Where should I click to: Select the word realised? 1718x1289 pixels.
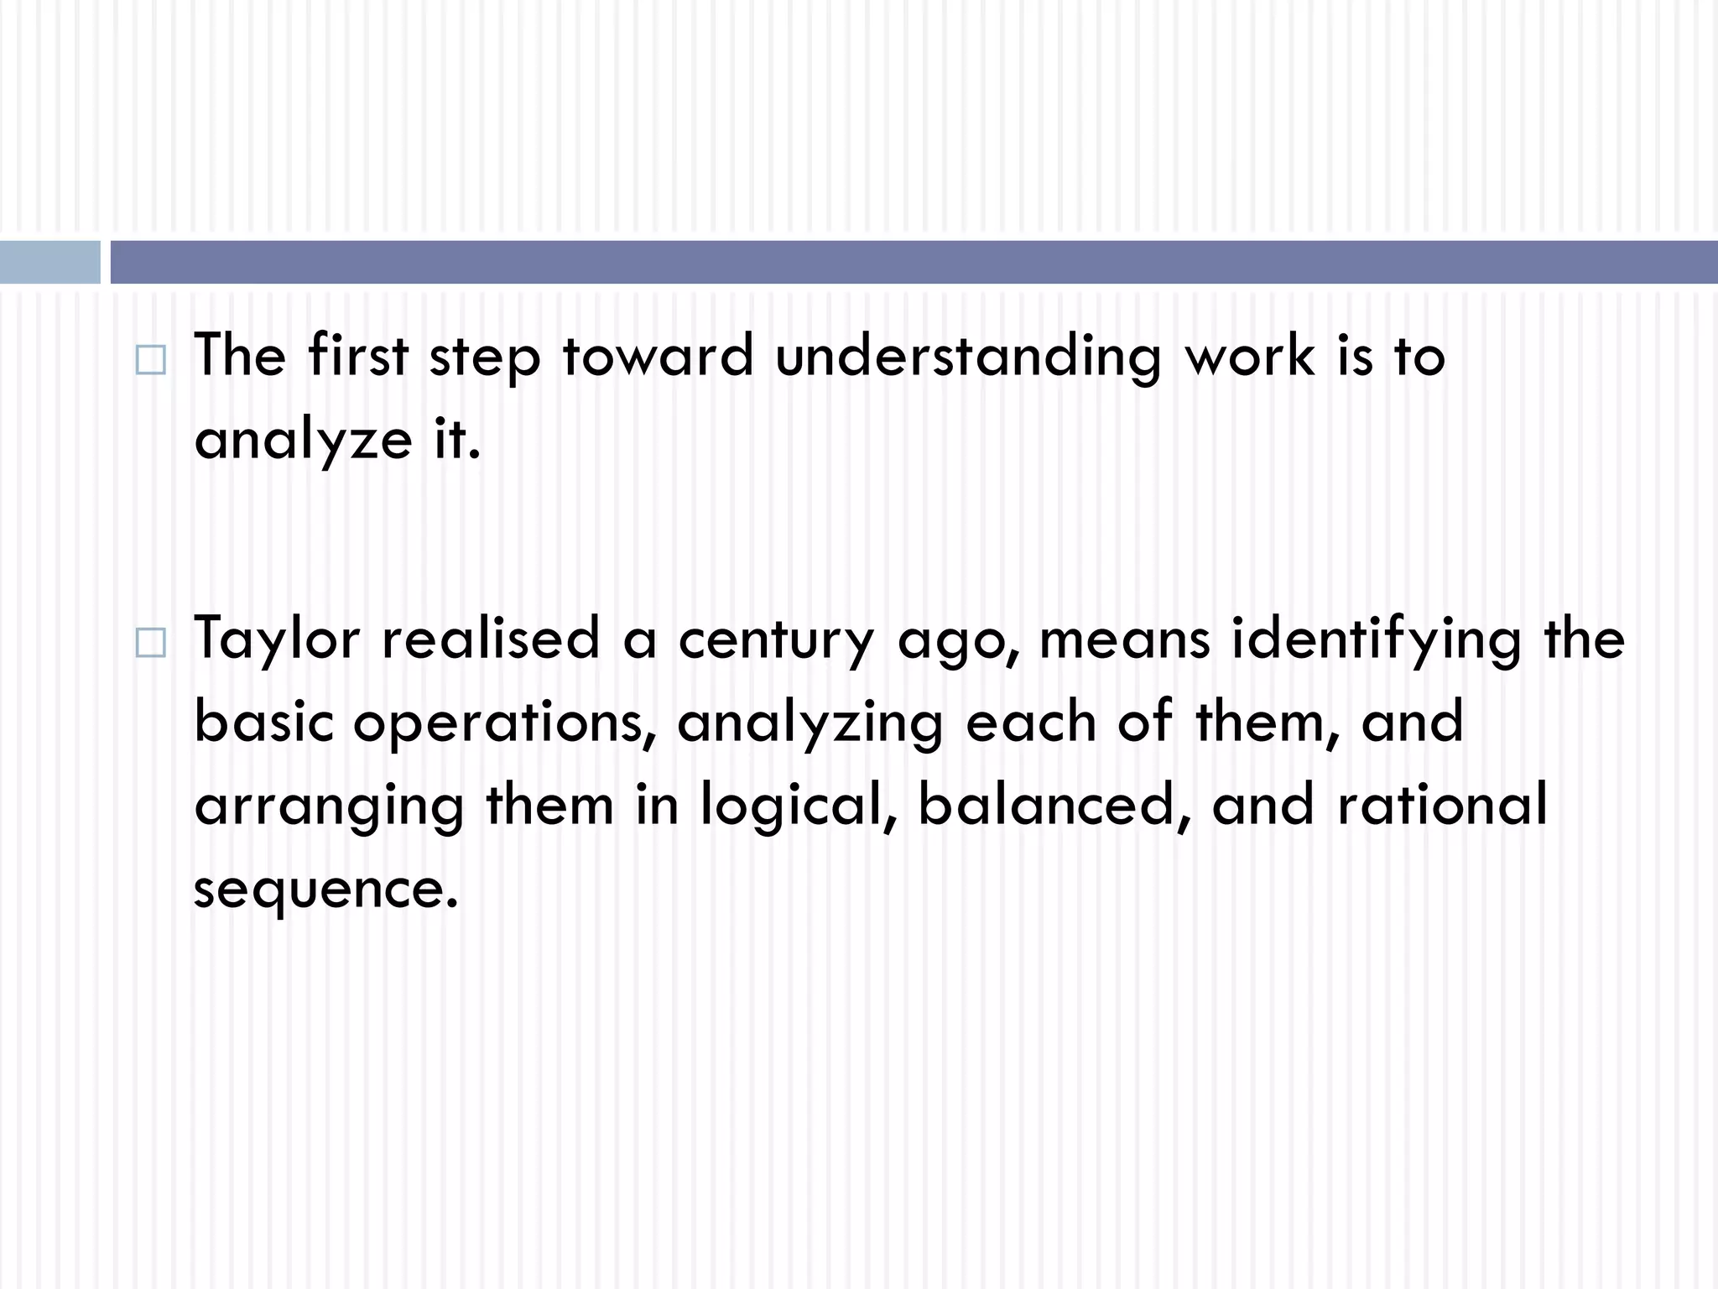tap(491, 638)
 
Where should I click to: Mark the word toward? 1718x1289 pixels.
tap(658, 357)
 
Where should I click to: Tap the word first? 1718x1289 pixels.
tap(357, 355)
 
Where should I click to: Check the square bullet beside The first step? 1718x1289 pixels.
tap(150, 362)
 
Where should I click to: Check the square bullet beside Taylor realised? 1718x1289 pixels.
tap(150, 644)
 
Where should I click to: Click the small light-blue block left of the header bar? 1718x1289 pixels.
tap(49, 262)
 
